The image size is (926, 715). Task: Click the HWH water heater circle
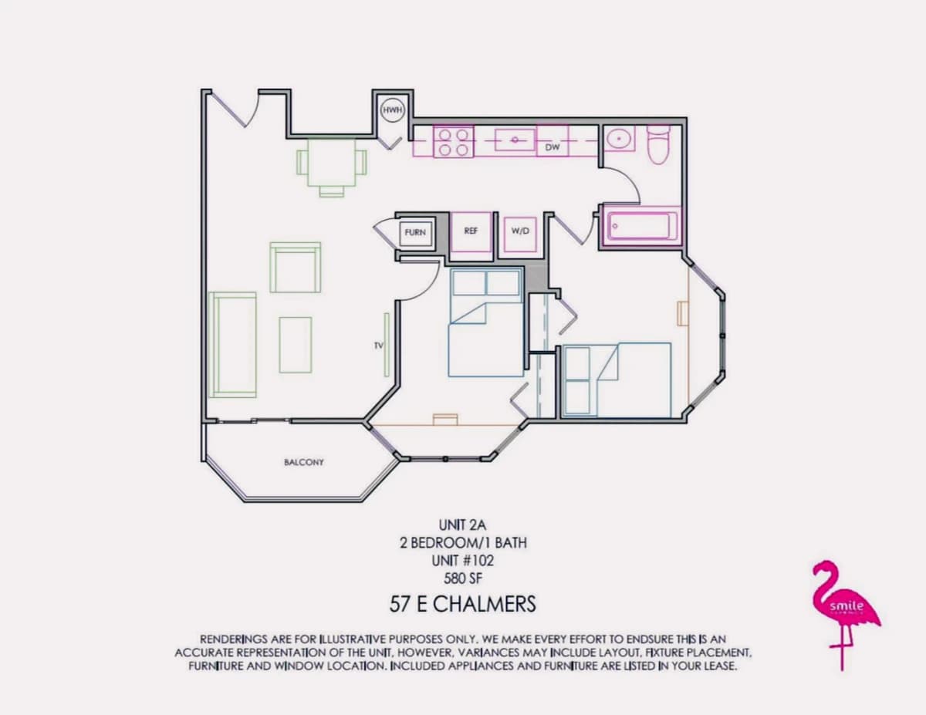click(392, 110)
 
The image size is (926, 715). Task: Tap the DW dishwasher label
click(553, 147)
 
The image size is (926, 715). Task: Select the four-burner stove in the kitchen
click(454, 142)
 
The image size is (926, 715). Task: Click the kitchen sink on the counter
click(515, 140)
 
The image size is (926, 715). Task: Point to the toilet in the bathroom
click(658, 144)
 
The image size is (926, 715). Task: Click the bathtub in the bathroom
click(640, 227)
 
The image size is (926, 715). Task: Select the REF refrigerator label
click(471, 231)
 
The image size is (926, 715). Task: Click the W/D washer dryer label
click(520, 231)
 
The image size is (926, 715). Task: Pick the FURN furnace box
click(415, 232)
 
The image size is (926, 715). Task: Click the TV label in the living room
click(378, 346)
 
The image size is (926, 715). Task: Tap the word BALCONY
click(304, 462)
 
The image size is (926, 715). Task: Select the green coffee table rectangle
click(296, 345)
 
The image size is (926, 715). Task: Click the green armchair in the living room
click(296, 268)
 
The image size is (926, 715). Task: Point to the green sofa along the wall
click(233, 345)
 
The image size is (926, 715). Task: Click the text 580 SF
click(463, 578)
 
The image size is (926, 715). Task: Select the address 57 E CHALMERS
click(463, 604)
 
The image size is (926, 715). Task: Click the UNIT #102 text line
click(463, 561)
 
